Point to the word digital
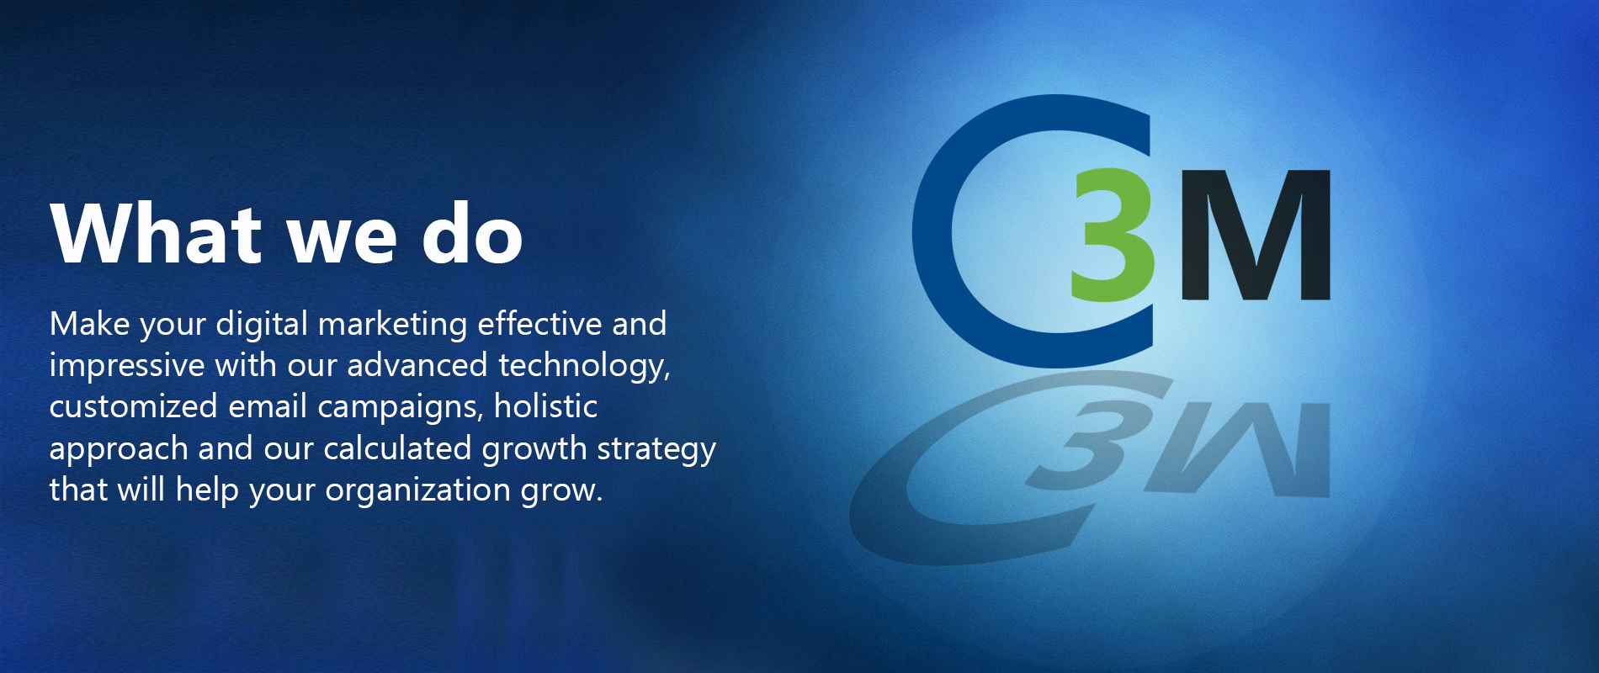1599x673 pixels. click(x=262, y=325)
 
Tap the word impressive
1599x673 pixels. click(x=127, y=366)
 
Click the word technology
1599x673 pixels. click(x=584, y=366)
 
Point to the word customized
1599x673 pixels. click(x=134, y=405)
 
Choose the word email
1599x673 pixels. click(x=268, y=405)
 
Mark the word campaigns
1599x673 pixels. click(x=400, y=407)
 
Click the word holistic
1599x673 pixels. click(x=545, y=405)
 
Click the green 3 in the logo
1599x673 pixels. click(x=1113, y=235)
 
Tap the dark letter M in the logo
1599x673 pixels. click(x=1255, y=236)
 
